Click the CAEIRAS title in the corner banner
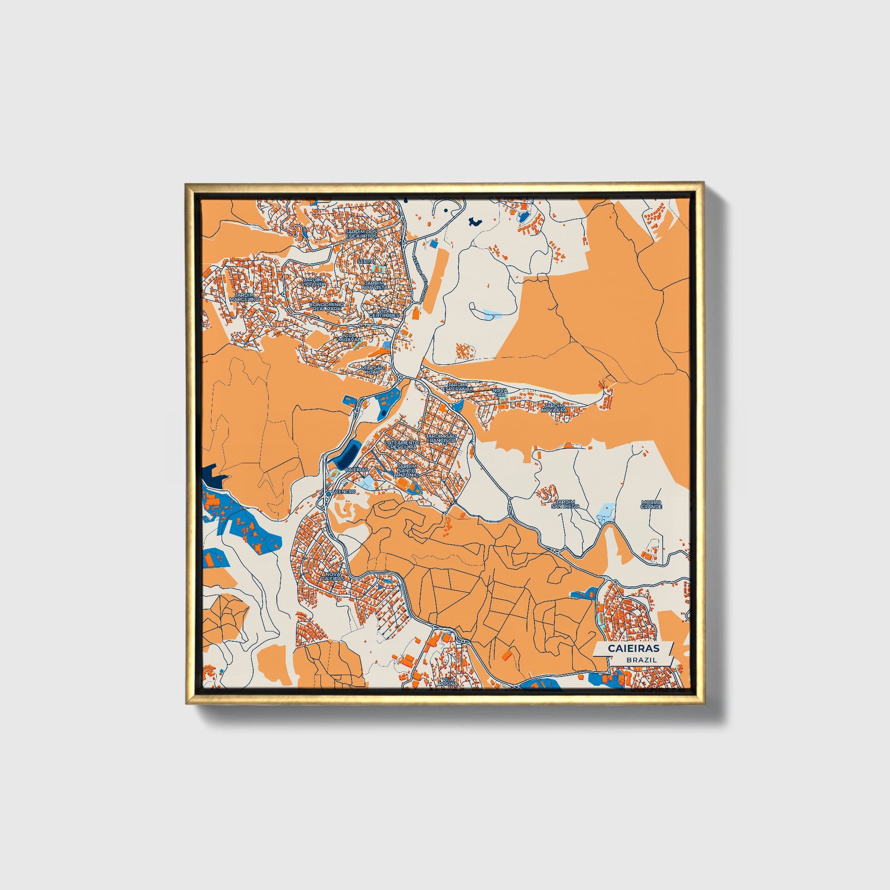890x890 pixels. pos(633,648)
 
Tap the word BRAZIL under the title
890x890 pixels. pos(642,659)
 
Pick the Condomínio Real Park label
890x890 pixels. pos(326,307)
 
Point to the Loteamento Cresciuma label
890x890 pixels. pos(401,445)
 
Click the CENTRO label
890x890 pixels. pos(345,492)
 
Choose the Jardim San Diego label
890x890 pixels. pos(565,504)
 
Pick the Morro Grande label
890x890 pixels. pos(651,504)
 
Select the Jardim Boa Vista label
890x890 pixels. pos(375,285)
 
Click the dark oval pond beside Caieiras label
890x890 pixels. pos(348,454)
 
